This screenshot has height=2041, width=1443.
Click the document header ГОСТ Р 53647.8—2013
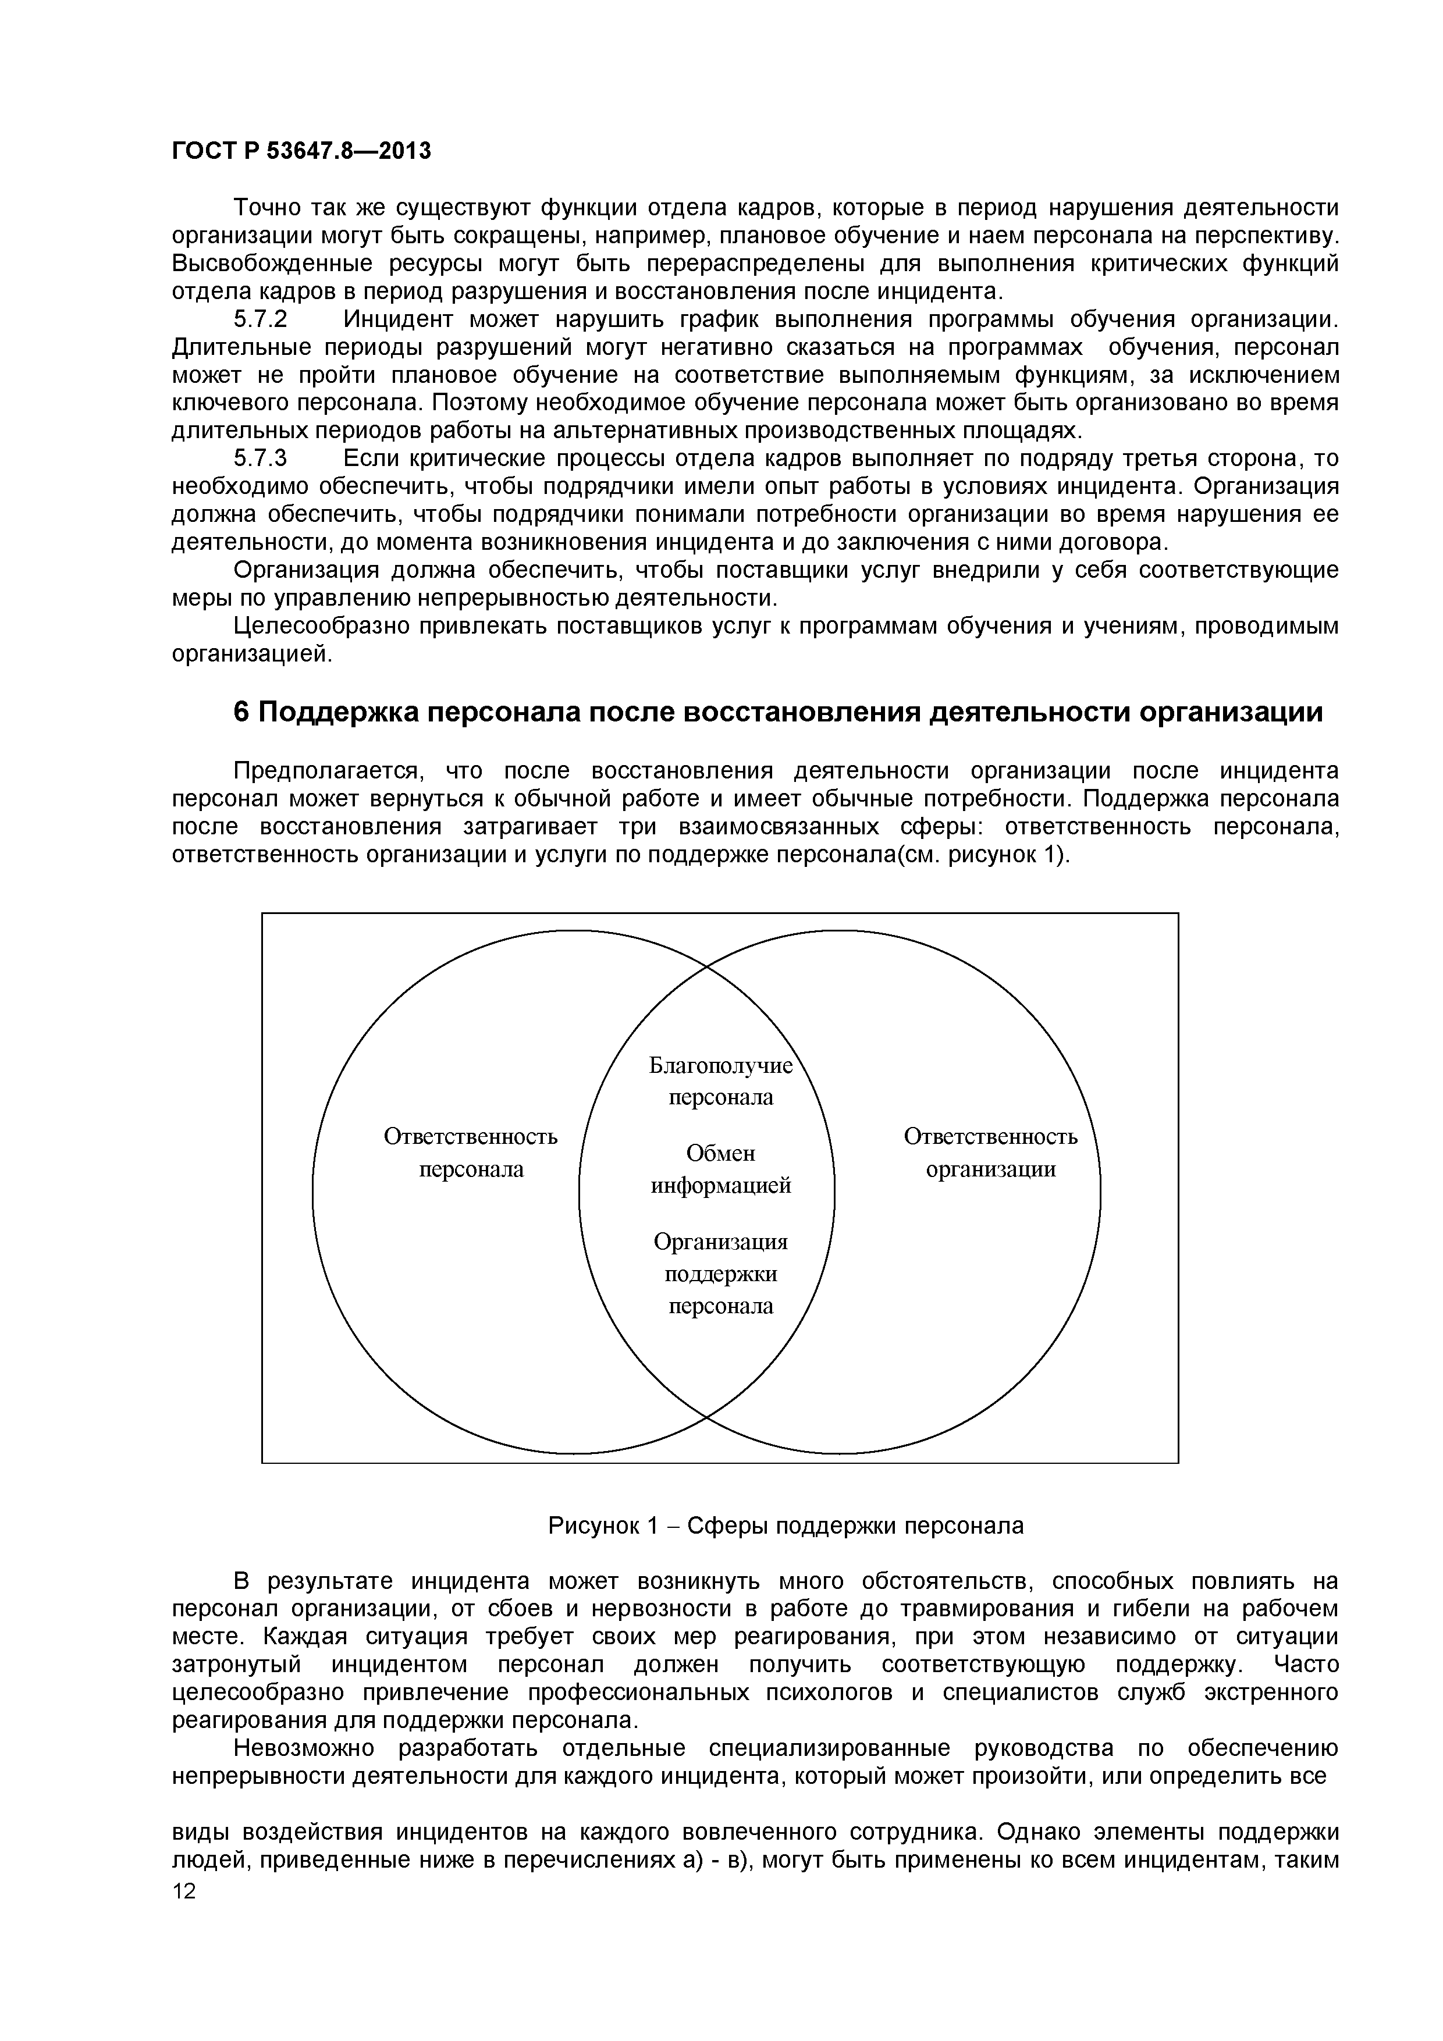click(x=300, y=151)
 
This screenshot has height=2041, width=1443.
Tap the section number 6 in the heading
click(x=241, y=713)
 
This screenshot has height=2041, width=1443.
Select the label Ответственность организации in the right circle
click(x=990, y=1153)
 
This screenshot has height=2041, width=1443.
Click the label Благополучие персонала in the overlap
click(x=720, y=1081)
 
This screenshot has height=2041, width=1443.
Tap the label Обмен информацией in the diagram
click(x=720, y=1169)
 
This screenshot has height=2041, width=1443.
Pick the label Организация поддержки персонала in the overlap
click(x=720, y=1274)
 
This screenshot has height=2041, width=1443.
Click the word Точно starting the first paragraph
click(x=266, y=208)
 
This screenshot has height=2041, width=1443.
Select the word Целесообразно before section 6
click(x=321, y=627)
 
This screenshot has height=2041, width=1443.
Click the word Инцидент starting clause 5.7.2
click(x=399, y=319)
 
